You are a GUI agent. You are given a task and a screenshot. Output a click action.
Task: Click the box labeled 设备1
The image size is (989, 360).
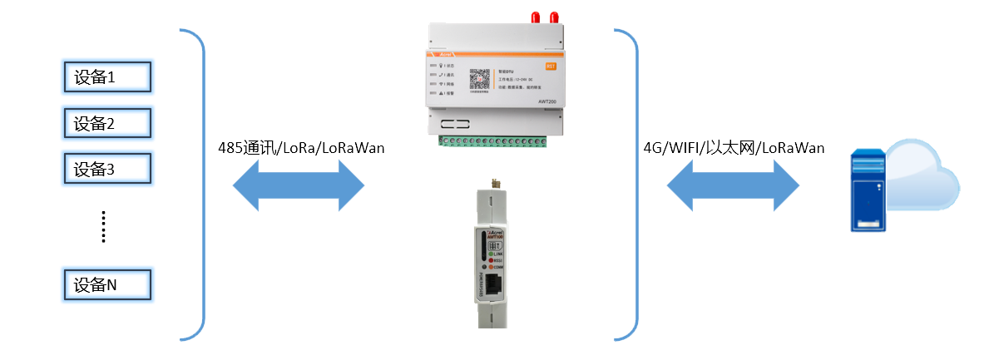[x=107, y=77]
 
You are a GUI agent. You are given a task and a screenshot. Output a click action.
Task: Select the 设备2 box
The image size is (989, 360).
[x=107, y=124]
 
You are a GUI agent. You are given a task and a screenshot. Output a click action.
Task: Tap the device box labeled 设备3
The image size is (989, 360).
[x=107, y=170]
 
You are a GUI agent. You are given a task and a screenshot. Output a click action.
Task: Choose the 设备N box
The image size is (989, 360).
[x=107, y=285]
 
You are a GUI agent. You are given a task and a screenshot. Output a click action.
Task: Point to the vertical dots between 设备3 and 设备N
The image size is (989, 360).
[x=104, y=226]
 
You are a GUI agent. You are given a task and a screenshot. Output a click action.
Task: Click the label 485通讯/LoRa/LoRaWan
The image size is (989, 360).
[x=300, y=148]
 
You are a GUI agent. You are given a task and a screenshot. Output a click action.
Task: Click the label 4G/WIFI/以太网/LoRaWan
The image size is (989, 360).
[x=734, y=148]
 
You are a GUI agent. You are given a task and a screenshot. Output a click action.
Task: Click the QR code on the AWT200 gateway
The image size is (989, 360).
[x=480, y=78]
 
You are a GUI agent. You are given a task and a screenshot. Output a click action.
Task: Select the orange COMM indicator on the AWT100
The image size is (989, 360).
[x=491, y=267]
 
